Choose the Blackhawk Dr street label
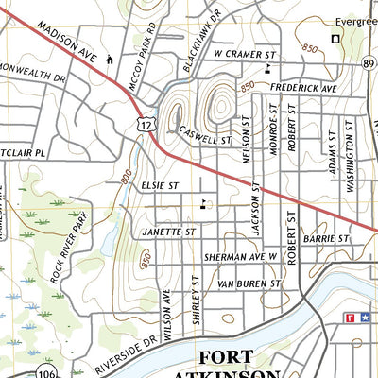tap(201, 32)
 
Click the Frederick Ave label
tap(303, 87)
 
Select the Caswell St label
tap(204, 134)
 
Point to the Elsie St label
tap(161, 187)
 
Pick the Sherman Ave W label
tap(241, 256)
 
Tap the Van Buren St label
tap(249, 283)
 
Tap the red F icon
tap(351, 318)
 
